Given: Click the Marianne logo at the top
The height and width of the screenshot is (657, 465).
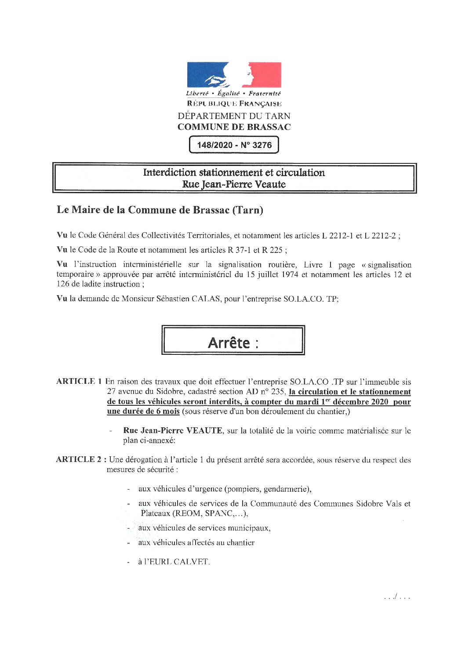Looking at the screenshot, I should pos(234,75).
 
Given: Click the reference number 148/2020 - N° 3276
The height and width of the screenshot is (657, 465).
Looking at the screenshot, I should pos(234,145).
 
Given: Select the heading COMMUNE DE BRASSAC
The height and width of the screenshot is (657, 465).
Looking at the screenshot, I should pos(234,127).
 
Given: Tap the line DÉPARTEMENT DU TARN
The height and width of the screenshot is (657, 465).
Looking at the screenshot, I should pos(234,116).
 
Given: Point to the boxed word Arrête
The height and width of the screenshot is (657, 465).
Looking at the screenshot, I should pos(229,343).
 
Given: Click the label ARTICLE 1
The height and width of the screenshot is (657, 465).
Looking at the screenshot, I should pos(79,381).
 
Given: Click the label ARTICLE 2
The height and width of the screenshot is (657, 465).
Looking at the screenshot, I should pos(79,459).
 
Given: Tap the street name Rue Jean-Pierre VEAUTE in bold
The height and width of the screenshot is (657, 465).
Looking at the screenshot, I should pos(172,430).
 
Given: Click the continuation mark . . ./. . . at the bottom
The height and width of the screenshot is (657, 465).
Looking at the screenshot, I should pos(397,597).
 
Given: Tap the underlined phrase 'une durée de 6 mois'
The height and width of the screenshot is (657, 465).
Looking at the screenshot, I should pos(143,412).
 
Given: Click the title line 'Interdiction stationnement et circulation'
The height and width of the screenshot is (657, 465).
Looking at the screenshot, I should pos(234,173).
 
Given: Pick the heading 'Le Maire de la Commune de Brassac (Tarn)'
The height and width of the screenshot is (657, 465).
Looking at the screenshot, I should pos(160,210).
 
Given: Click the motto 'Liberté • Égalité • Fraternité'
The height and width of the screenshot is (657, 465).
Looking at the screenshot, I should pos(233,93).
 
